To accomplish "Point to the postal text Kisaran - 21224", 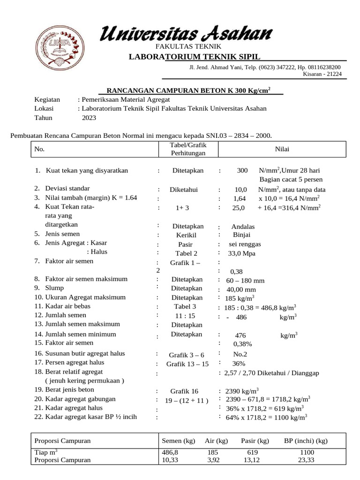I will [x=322, y=74].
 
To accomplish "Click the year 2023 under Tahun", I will [x=89, y=118].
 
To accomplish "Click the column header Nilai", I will [x=282, y=149].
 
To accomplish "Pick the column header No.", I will [x=39, y=149].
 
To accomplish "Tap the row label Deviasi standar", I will [x=68, y=188].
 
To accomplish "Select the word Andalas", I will [x=243, y=226].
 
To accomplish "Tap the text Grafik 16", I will [x=184, y=391].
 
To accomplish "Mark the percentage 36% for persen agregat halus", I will [x=239, y=363].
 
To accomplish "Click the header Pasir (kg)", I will [x=255, y=441].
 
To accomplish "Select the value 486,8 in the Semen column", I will [x=170, y=452].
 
